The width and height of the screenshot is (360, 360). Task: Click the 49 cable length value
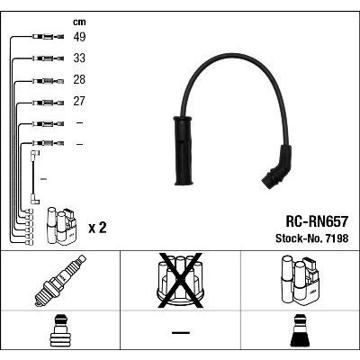click(x=79, y=37)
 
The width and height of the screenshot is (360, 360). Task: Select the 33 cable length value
click(x=79, y=58)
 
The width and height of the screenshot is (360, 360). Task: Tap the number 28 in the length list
click(x=79, y=79)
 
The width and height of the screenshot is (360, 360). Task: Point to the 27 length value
click(x=79, y=101)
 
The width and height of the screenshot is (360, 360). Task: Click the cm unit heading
click(x=79, y=22)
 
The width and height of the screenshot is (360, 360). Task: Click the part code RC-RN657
click(x=317, y=222)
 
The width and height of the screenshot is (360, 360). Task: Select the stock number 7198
click(x=335, y=238)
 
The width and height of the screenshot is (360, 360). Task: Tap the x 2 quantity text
click(x=97, y=229)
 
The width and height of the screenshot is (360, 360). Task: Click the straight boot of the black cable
click(x=183, y=150)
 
